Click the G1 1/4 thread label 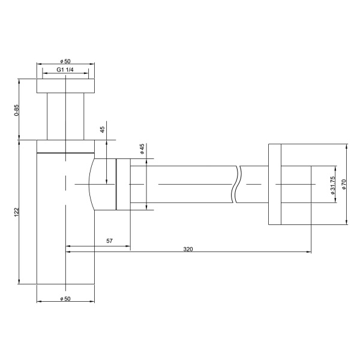65,70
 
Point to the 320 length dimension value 187,247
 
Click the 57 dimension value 110,241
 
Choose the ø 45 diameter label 142,149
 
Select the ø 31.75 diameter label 332,186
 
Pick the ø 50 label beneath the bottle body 65,298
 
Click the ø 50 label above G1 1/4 65,61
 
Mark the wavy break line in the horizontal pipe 238,185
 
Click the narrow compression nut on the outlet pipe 123,184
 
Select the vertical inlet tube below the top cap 65,117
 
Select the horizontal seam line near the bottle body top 65,153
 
